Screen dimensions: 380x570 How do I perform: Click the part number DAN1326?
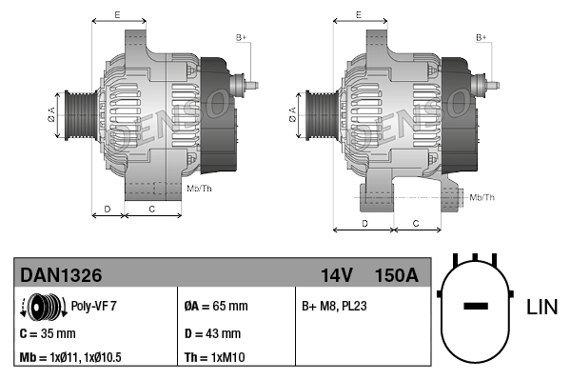(x=61, y=275)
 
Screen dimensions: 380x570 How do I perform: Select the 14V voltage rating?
(x=336, y=275)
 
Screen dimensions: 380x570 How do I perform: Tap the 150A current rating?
(x=397, y=275)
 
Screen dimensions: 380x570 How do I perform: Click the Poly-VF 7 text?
(x=94, y=307)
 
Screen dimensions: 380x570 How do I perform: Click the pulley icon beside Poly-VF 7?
(x=40, y=307)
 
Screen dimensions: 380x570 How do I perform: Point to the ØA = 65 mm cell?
(x=215, y=307)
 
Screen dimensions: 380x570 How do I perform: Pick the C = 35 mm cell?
(x=48, y=333)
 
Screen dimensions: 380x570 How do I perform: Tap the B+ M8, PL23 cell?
(x=334, y=307)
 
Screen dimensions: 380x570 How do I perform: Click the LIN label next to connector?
(x=541, y=307)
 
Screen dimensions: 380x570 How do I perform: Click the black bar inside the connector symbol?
(x=476, y=307)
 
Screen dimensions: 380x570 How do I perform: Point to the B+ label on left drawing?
(x=241, y=37)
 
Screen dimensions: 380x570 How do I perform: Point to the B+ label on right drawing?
(x=482, y=37)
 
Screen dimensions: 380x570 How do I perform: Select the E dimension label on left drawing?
(x=117, y=14)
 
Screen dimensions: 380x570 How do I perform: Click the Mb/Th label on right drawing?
(x=482, y=197)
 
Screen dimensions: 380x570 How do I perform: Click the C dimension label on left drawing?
(x=152, y=207)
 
